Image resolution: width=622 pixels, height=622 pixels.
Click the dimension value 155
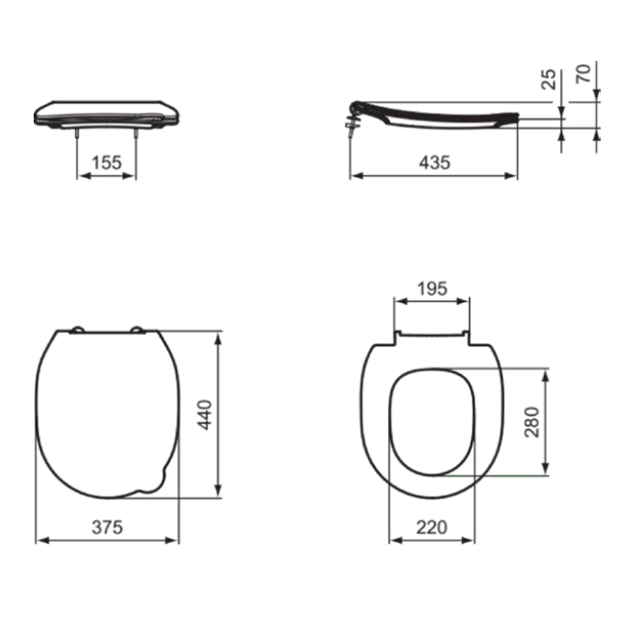click(x=107, y=162)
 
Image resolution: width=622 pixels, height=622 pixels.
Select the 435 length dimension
click(x=434, y=162)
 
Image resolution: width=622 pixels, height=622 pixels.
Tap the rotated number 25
click(x=549, y=79)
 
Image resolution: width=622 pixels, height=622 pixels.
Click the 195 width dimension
click(x=432, y=289)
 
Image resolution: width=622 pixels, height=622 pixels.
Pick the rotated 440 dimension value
click(x=204, y=415)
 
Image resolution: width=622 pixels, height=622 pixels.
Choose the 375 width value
click(x=107, y=528)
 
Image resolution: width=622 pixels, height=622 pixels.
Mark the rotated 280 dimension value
click(x=532, y=422)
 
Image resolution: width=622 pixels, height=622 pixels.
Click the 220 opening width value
click(x=432, y=528)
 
